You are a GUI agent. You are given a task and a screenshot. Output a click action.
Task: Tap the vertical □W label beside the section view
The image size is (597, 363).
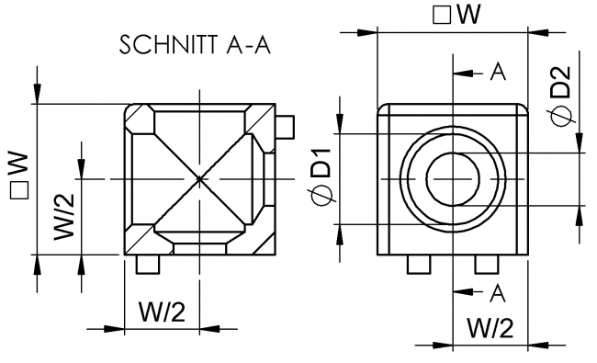pos(17,176)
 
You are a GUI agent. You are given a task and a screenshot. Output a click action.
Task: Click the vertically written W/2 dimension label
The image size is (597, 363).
pos(63,218)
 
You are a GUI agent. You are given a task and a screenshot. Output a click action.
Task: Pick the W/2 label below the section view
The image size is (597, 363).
pos(162,312)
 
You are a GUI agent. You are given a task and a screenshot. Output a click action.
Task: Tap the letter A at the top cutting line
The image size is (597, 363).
pos(498,74)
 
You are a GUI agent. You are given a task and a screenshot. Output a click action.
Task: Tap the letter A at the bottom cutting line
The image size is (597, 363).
pos(498,293)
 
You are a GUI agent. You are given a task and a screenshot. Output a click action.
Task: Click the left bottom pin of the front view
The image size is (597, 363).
pos(419,264)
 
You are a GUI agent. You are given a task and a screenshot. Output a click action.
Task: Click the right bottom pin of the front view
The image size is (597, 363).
pos(489,264)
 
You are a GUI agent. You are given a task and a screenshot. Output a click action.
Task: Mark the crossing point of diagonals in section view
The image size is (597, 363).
pos(199,177)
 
